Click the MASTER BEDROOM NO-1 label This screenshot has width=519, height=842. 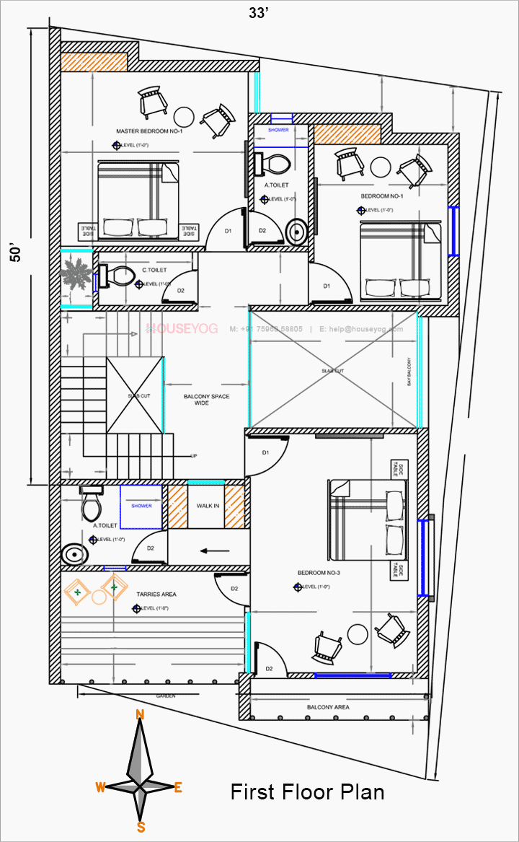point(149,131)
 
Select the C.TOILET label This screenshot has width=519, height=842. point(154,270)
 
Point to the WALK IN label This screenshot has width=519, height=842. point(208,506)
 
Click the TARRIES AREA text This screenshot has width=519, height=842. point(156,595)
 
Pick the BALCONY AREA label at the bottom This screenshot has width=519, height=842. point(328,707)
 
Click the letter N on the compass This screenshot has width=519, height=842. point(141,714)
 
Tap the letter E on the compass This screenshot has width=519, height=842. point(178,788)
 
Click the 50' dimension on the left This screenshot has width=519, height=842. point(16,254)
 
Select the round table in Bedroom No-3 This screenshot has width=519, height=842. point(358,634)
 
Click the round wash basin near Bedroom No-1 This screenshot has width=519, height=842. point(296,232)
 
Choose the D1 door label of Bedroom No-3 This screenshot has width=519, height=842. point(265,452)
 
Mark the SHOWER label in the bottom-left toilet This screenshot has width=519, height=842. point(142,506)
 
